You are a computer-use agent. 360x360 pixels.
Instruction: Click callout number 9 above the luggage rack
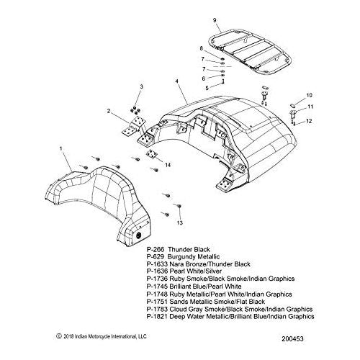215,20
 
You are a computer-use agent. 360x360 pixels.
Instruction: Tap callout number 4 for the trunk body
177,81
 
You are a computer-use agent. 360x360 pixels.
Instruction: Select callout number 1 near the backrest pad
60,148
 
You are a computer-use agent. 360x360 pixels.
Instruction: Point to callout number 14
168,165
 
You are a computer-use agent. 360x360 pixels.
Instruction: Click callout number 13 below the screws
180,222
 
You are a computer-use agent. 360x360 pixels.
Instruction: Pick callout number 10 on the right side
309,95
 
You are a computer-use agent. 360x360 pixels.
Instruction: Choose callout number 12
309,121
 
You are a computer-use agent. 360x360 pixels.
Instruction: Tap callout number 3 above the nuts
142,86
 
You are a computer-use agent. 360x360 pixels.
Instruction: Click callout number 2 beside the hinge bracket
109,111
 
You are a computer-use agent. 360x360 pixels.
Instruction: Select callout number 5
207,88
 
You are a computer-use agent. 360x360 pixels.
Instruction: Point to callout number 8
201,48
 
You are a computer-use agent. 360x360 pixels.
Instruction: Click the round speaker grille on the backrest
139,235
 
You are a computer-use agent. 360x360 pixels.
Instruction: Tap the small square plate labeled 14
151,154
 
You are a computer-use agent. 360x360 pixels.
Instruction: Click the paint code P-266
156,249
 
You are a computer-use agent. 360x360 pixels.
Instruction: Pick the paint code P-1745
157,287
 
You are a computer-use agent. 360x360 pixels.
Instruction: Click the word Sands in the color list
179,302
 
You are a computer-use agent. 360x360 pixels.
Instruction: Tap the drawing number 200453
292,338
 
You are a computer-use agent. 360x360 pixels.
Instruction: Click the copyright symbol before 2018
58,336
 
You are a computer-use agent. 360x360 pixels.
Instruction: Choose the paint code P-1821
157,317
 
